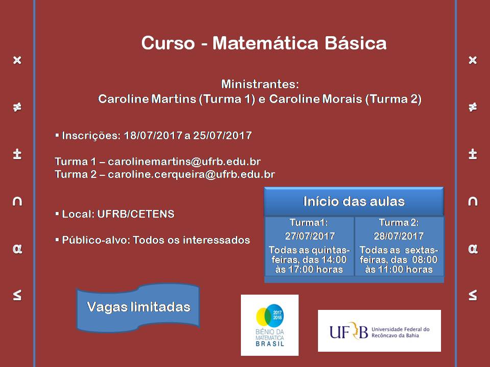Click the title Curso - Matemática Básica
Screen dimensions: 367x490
[x=263, y=43]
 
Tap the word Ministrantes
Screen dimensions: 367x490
[x=259, y=84]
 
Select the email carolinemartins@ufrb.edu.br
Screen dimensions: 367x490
[x=184, y=162]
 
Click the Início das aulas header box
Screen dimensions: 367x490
[x=354, y=201]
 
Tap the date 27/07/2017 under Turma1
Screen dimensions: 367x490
[x=309, y=236]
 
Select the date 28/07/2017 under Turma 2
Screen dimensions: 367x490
[x=399, y=236]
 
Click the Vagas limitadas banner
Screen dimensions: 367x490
[x=138, y=307]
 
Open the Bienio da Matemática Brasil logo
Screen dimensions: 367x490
[x=269, y=325]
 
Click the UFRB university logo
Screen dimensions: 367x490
[x=379, y=331]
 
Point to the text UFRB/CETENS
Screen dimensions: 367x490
[x=145, y=214]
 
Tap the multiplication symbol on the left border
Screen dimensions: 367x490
[x=17, y=60]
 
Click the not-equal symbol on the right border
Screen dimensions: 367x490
[x=472, y=107]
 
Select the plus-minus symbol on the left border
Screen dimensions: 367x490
[x=17, y=154]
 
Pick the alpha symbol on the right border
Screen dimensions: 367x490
[x=472, y=249]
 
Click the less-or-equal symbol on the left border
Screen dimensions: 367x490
[x=17, y=295]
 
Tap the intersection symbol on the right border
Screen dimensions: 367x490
[x=472, y=202]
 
